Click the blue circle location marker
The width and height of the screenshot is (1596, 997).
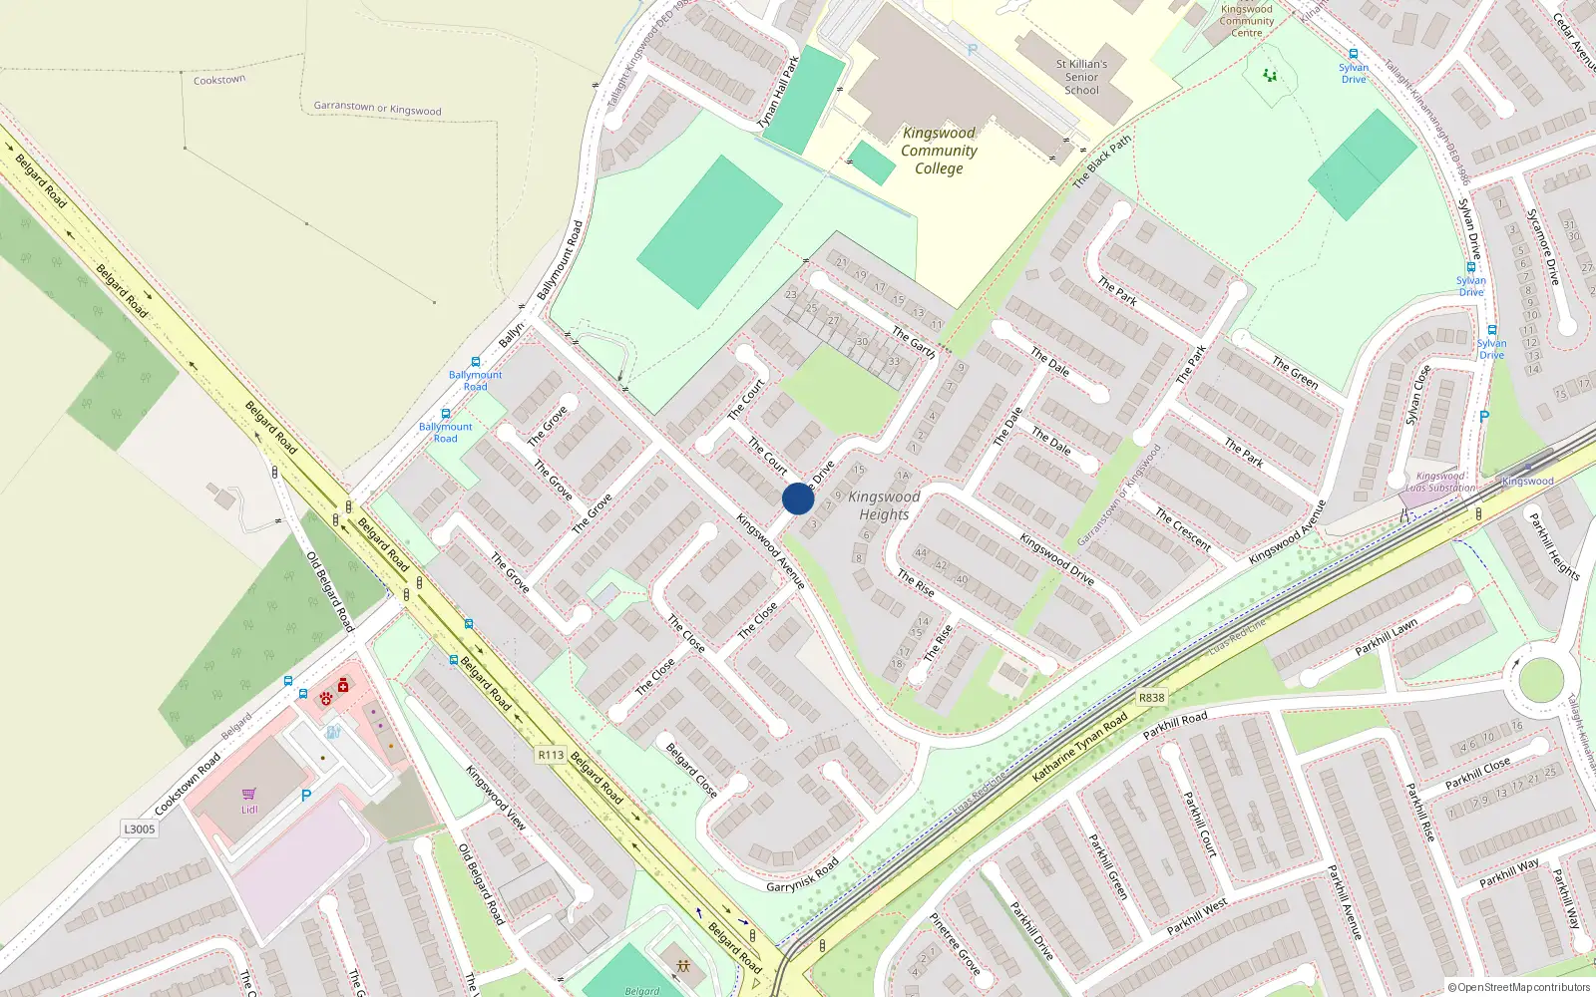coord(797,498)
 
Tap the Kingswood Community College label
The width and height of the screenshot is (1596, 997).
coord(939,151)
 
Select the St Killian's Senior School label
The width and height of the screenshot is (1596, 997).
coord(1081,77)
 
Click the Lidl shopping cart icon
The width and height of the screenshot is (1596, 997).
coord(249,795)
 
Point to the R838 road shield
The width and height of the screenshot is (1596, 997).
coord(1151,698)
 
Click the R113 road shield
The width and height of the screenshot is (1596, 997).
coord(551,755)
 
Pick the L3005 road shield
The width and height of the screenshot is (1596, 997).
coord(140,829)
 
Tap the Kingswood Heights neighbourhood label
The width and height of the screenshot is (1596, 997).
coord(884,505)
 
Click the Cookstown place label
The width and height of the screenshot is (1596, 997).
coord(219,80)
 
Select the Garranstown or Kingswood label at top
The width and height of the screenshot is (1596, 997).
coord(377,108)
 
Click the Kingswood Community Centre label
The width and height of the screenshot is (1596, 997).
coord(1246,21)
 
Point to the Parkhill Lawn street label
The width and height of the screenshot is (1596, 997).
coord(1386,637)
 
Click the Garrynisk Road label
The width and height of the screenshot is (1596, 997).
coord(802,874)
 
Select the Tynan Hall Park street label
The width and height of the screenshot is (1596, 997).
coord(778,92)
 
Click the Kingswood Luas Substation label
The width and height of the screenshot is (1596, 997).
coord(1440,483)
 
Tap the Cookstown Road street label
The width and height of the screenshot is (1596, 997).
coord(188,785)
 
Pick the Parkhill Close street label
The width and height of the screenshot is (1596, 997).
coord(1477,773)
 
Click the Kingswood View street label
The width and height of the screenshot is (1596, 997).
coord(495,798)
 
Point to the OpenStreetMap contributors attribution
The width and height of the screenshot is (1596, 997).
coord(1519,988)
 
